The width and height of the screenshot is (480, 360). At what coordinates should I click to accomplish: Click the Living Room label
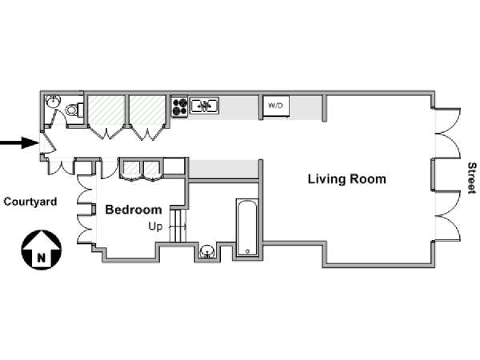tap(346, 179)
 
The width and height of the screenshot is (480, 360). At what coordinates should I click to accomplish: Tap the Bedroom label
tap(134, 210)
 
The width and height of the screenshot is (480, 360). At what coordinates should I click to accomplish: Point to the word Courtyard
tap(30, 202)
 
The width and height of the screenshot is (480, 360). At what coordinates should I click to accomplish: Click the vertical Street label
tap(472, 178)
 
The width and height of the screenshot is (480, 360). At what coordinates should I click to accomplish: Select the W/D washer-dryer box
tap(276, 106)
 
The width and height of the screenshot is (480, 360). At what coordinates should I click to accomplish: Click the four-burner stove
tap(179, 106)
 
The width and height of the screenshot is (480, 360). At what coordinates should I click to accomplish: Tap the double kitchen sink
tap(204, 106)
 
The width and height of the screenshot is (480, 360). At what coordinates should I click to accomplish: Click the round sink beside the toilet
tap(54, 102)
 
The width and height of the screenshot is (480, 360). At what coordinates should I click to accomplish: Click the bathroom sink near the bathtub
tap(207, 252)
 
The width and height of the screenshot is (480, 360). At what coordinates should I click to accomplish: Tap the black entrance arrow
tap(19, 142)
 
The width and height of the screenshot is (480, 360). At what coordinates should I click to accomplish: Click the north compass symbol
tap(42, 250)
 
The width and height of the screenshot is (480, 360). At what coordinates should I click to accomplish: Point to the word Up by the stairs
tap(155, 227)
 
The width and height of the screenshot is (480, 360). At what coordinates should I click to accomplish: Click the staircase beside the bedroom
tap(178, 226)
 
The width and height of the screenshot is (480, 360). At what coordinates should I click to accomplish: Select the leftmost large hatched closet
tap(106, 110)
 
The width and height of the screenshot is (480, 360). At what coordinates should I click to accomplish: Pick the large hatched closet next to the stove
tap(147, 110)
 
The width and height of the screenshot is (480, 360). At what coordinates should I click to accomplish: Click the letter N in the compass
tap(42, 258)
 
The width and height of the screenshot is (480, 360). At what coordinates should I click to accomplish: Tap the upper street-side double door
tap(447, 133)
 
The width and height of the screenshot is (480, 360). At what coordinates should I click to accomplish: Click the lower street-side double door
tap(447, 216)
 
